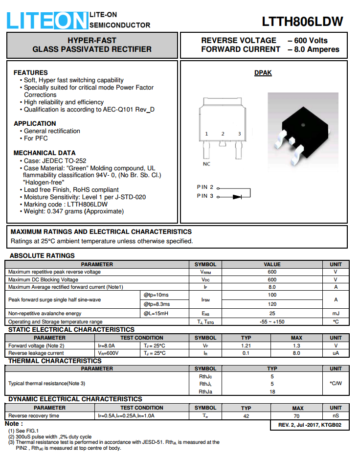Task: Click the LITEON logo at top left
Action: click(x=47, y=21)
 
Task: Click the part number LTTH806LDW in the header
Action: click(x=302, y=22)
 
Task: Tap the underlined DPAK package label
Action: click(x=263, y=73)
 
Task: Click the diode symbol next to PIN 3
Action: click(x=237, y=197)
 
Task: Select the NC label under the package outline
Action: click(x=206, y=164)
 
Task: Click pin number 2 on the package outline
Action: click(x=223, y=134)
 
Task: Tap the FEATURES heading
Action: click(x=31, y=72)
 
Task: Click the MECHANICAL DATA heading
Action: click(x=45, y=153)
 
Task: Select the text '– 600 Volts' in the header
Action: click(x=307, y=40)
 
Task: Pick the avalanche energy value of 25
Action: click(x=272, y=313)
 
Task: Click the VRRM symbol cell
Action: click(x=205, y=272)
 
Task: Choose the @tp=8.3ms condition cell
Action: click(x=157, y=304)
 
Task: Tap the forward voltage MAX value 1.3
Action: click(x=296, y=345)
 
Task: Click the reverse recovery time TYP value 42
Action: click(x=246, y=416)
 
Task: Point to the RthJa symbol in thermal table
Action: click(x=205, y=392)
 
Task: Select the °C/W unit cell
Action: click(x=336, y=384)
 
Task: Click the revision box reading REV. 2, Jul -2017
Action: click(x=310, y=425)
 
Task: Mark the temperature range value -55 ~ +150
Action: click(x=272, y=321)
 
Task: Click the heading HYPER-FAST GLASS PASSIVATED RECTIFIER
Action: click(x=92, y=45)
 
